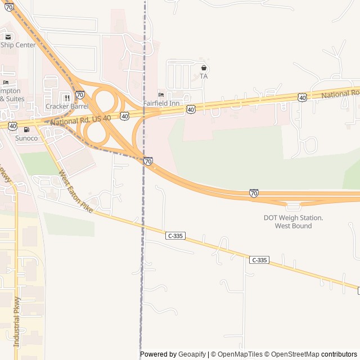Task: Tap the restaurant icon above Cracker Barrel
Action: point(66,98)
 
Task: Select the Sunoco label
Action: point(26,138)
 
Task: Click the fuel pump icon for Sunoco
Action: point(26,130)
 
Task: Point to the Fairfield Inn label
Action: point(161,103)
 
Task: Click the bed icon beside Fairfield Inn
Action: point(161,94)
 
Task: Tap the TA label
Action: point(204,76)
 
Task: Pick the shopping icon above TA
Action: point(204,67)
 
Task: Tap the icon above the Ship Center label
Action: point(7,37)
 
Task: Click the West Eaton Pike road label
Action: point(75,192)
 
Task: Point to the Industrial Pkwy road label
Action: point(17,321)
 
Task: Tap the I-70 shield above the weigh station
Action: point(254,193)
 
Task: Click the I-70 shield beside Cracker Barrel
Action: point(80,95)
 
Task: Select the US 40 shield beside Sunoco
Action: point(12,125)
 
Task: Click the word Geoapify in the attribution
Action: point(192,354)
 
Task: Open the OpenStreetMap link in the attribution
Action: point(293,354)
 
